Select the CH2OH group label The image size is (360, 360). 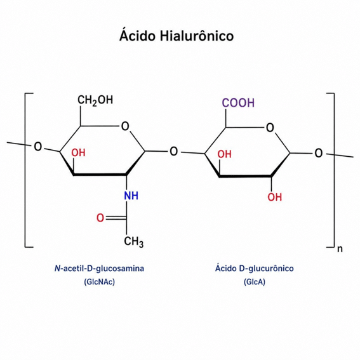pos(95,100)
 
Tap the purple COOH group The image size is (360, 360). pos(238,103)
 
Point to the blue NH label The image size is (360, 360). pos(131,196)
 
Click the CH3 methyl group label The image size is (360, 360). pos(134,242)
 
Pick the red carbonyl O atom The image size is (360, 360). pos(100,218)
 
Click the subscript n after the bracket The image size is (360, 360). pos(340,249)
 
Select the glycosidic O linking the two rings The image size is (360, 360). pos(173,152)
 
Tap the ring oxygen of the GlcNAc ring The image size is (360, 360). pos(125,126)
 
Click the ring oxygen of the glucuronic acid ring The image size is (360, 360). pos(270,128)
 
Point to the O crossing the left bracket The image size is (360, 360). pos(38,147)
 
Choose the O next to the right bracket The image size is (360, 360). pos(319,153)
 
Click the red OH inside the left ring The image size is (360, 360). pos(78,152)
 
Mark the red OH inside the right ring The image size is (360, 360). pos(225,154)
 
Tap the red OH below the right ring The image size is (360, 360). pos(274,197)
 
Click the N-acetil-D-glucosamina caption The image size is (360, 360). pos(99,269)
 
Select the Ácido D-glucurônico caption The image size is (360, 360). pos(255,268)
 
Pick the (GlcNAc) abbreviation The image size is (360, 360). pos(100,282)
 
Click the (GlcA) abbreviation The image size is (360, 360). pos(255,282)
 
